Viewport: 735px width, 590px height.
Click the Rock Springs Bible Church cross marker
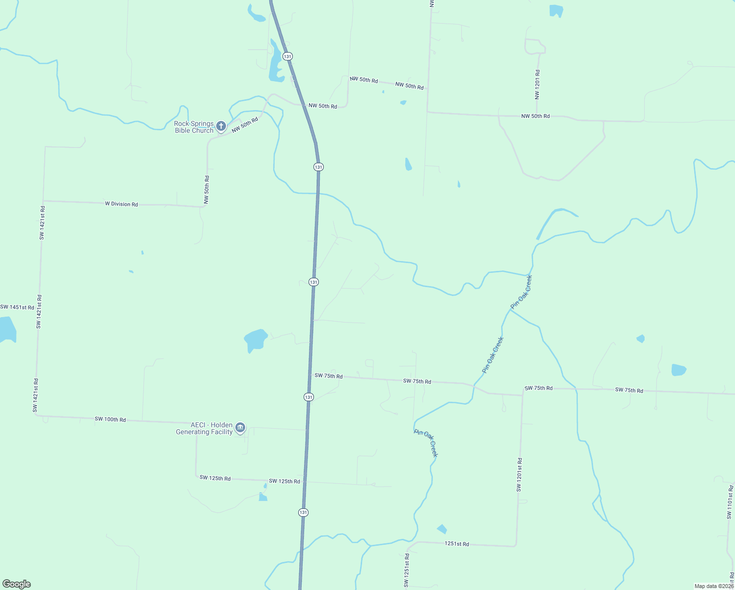tap(221, 126)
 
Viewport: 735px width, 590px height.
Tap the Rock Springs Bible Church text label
tap(194, 127)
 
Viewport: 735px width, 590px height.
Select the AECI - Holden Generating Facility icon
tap(240, 428)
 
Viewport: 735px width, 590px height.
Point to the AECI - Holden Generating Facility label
tap(204, 428)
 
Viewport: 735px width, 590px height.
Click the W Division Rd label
tap(121, 204)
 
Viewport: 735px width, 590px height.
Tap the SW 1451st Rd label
tap(17, 307)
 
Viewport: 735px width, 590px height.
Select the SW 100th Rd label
tap(110, 419)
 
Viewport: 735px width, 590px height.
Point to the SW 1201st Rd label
tap(519, 474)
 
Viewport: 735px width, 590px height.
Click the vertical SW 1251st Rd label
tap(406, 570)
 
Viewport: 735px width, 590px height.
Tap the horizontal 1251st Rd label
tap(456, 544)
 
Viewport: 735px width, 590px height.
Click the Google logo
tap(17, 584)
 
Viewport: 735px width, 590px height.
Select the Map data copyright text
tap(714, 586)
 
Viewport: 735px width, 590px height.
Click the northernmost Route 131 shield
tap(287, 57)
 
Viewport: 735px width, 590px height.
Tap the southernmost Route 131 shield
tap(303, 512)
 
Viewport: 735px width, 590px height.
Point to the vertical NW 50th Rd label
tap(207, 189)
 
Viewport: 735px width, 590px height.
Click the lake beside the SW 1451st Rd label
tap(7, 330)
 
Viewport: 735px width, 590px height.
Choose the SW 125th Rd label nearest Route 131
tap(284, 481)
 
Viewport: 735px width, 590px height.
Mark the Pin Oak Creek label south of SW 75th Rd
tap(426, 443)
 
